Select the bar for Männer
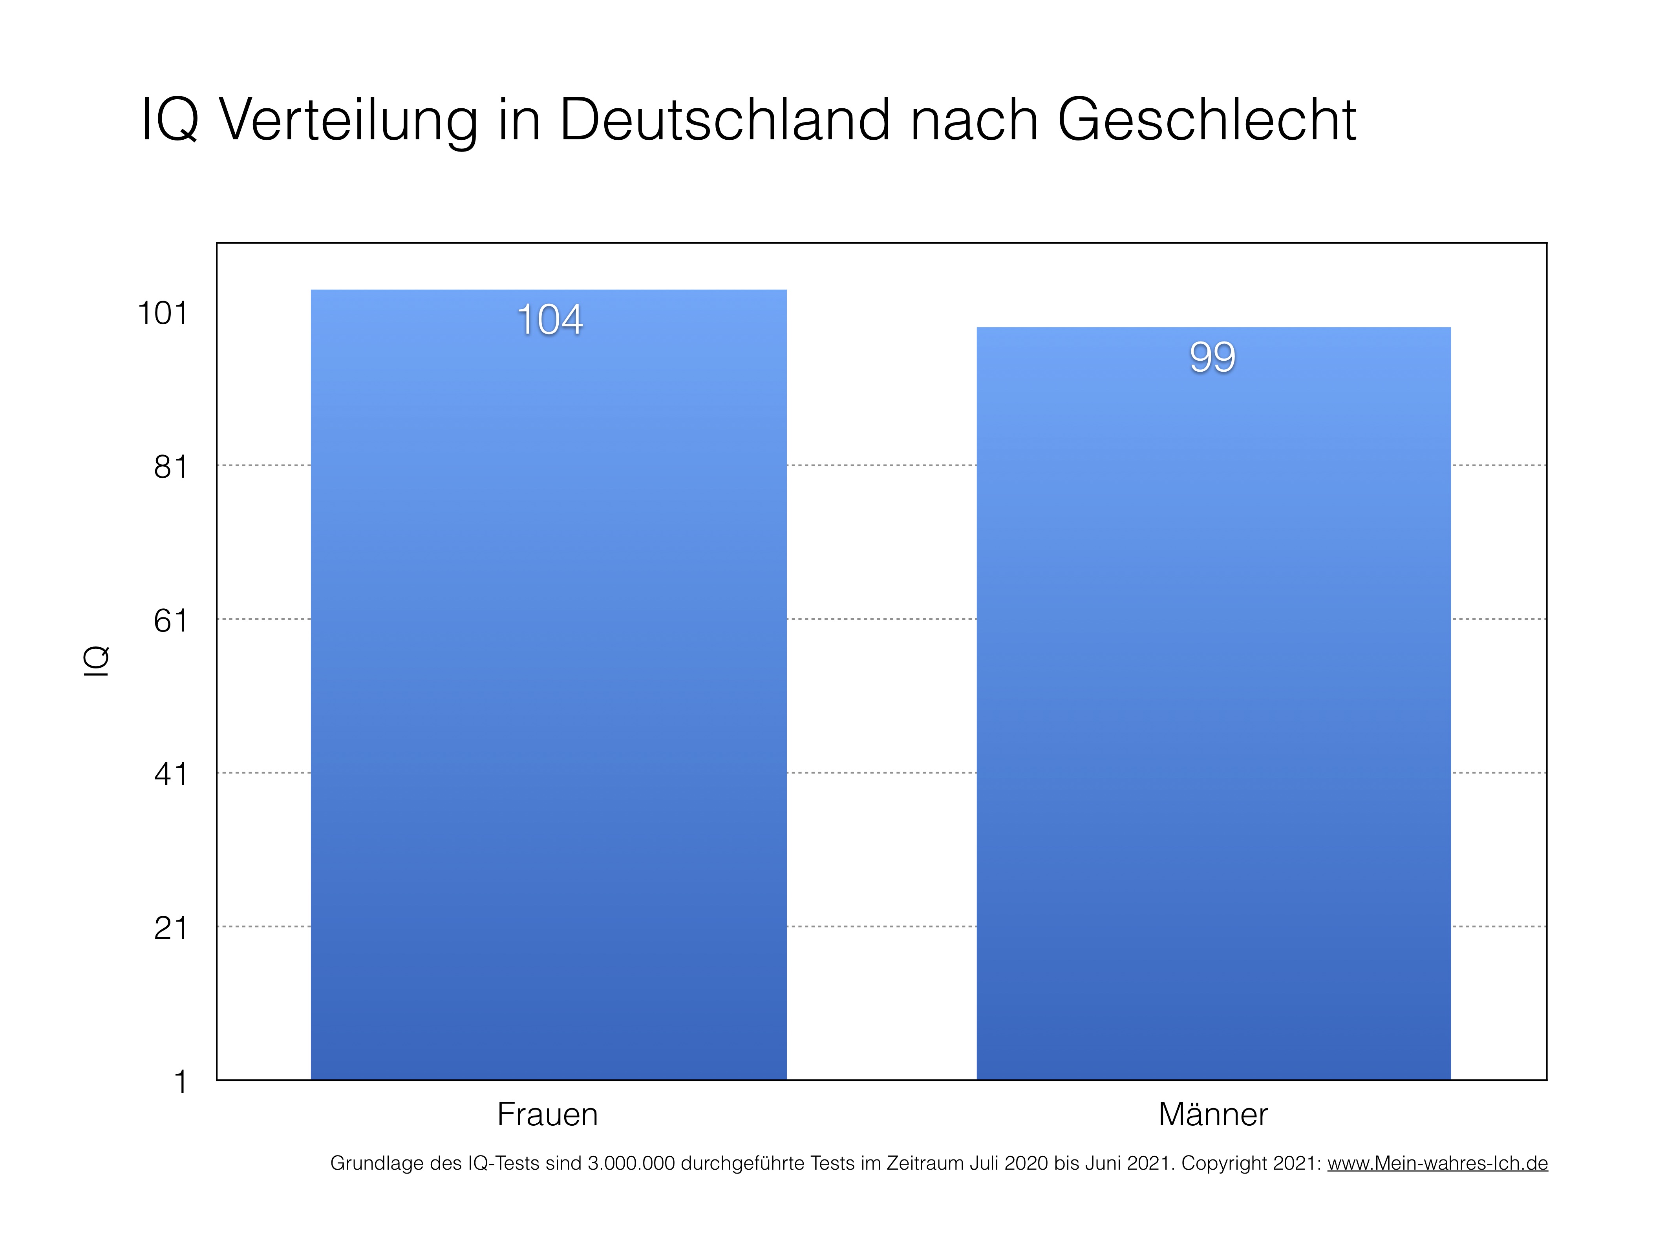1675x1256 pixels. [x=1213, y=704]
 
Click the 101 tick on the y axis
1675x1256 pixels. [x=162, y=313]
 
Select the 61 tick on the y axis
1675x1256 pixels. [x=170, y=621]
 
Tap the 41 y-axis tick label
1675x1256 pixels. [x=170, y=774]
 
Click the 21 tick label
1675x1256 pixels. [x=170, y=928]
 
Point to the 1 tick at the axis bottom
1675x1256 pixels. [x=180, y=1082]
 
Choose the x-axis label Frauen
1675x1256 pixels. [x=547, y=1114]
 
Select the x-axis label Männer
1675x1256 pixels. [x=1212, y=1114]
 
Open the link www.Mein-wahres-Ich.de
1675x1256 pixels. [x=1437, y=1163]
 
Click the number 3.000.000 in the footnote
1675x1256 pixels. [x=631, y=1163]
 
